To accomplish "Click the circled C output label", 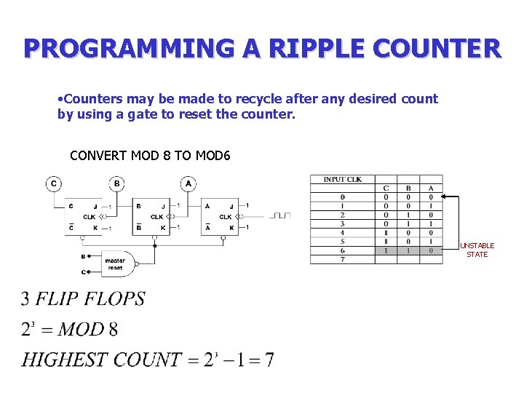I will tap(54, 183).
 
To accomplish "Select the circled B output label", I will tap(116, 183).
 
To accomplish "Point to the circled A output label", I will tap(188, 183).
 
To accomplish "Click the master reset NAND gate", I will tap(116, 263).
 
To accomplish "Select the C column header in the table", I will tap(386, 188).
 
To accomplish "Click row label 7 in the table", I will tap(342, 259).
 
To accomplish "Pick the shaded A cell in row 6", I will tap(431, 250).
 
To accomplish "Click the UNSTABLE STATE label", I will tap(477, 250).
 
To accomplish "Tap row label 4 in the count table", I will tap(342, 233).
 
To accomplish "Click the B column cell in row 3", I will tap(408, 223).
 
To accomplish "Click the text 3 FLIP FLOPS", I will tap(83, 298).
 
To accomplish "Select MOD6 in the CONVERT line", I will tap(212, 155).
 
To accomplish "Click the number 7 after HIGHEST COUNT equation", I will tap(269, 360).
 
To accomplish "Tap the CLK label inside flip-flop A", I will tap(226, 216).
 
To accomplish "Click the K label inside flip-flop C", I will tap(95, 228).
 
